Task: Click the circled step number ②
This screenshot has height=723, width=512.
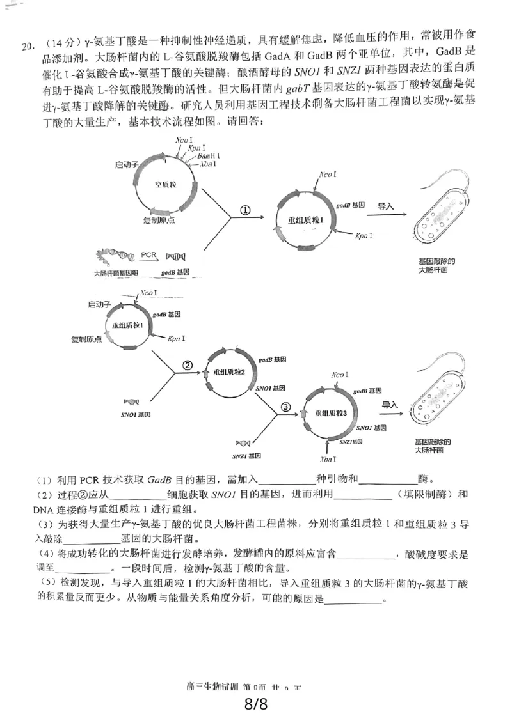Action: tap(188, 365)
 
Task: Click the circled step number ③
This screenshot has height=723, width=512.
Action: tap(286, 406)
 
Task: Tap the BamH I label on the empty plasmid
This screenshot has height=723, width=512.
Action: tap(209, 156)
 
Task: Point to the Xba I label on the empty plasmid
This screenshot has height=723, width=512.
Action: tap(208, 164)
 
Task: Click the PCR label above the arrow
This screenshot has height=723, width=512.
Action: tap(148, 254)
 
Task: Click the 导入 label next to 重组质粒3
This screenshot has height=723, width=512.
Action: tap(391, 405)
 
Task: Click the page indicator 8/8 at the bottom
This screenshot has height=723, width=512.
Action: tap(255, 704)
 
